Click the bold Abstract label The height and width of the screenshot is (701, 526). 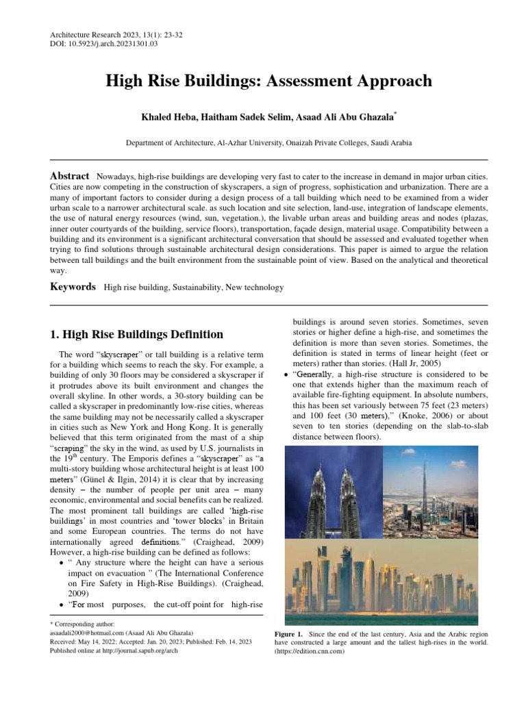point(70,176)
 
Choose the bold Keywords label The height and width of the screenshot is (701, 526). point(73,287)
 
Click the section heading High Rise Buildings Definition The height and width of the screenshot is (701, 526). point(137,335)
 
